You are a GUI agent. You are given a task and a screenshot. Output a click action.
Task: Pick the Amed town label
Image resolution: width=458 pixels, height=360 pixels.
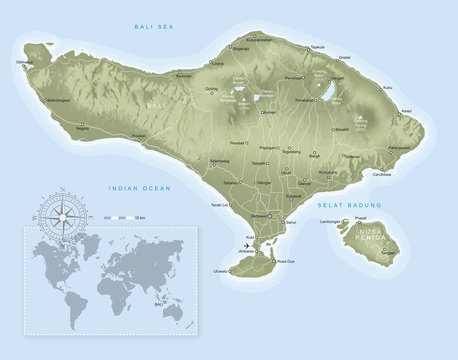point(405,111)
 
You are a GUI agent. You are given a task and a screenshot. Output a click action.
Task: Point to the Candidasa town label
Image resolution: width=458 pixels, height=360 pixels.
point(381,174)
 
